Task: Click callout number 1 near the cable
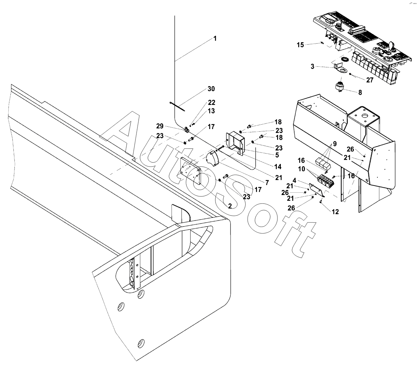point(215,39)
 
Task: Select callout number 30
point(211,89)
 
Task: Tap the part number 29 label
point(160,126)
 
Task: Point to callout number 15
point(300,45)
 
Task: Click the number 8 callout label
point(360,93)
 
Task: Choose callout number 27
point(370,80)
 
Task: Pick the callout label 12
point(335,212)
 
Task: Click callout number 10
point(302,169)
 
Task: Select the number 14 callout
point(278,167)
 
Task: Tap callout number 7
point(267,183)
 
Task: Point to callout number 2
point(230,206)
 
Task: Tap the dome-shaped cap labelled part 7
point(212,158)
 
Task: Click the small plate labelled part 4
point(316,190)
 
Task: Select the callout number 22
point(211,103)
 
